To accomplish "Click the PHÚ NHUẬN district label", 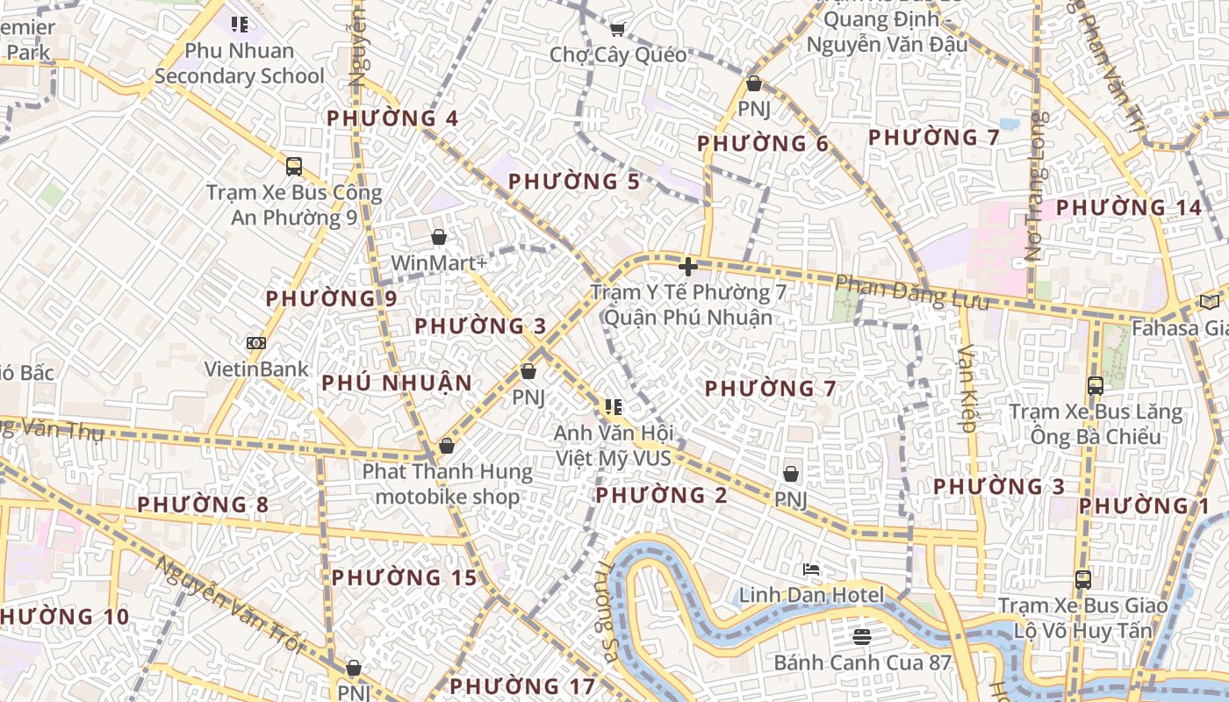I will coord(397,383).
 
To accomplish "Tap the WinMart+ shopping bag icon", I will coord(439,237).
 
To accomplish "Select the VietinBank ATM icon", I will coord(256,343).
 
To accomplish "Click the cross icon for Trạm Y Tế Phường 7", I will coord(688,266).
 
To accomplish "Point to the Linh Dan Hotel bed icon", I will coord(811,569).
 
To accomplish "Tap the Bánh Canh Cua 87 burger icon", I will coord(862,635).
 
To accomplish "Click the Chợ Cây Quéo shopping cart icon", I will coord(617,30).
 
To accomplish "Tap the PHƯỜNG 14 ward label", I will coord(1128,208).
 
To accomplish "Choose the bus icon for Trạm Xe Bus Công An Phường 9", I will coord(294,166).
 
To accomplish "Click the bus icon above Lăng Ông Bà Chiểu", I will coord(1096,385).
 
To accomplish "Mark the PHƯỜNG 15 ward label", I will coord(404,577).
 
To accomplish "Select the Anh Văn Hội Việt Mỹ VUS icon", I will coord(614,407).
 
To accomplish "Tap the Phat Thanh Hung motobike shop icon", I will coord(447,446).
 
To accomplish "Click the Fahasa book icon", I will coord(1210,302).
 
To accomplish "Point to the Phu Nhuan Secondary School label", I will coord(240,63).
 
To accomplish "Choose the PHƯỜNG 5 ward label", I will coord(574,182).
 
